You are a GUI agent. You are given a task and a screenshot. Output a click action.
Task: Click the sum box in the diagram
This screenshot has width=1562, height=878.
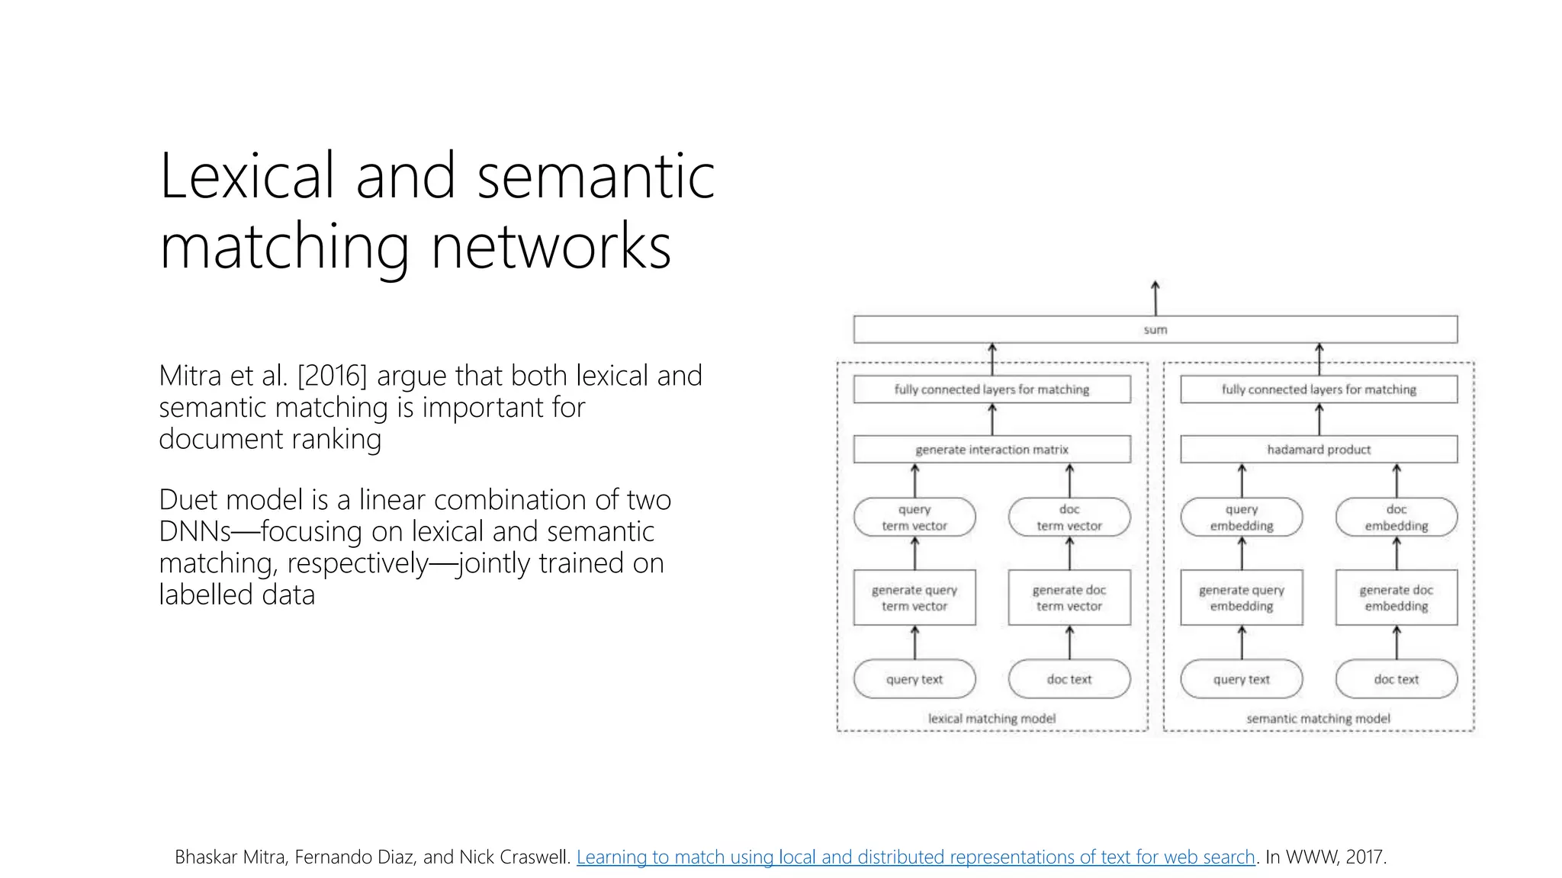pyautogui.click(x=1155, y=329)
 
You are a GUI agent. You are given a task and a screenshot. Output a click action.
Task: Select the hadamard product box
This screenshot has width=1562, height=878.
pyautogui.click(x=1318, y=450)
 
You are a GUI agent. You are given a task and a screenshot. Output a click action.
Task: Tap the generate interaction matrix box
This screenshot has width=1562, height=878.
pyautogui.click(x=992, y=450)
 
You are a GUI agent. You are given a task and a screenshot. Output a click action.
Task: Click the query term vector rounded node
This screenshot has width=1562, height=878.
pyautogui.click(x=914, y=518)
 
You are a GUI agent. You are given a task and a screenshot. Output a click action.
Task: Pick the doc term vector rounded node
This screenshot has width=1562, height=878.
pyautogui.click(x=1069, y=518)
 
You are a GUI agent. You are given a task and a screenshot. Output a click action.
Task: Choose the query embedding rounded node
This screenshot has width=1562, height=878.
pyautogui.click(x=1241, y=518)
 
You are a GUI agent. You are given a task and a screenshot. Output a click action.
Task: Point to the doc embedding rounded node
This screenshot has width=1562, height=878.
pyautogui.click(x=1396, y=518)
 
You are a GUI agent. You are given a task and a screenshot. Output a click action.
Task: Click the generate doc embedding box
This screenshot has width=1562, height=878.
pyautogui.click(x=1396, y=598)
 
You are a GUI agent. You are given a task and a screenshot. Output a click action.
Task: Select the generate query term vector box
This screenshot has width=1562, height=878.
pyautogui.click(x=914, y=598)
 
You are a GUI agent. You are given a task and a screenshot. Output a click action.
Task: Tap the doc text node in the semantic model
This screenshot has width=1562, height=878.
pyautogui.click(x=1396, y=679)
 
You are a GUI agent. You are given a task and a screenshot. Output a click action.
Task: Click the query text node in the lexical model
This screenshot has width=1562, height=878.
pyautogui.click(x=914, y=679)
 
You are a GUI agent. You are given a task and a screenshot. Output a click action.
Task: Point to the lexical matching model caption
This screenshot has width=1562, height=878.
pyautogui.click(x=992, y=719)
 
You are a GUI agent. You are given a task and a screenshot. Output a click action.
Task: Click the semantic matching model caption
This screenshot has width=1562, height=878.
pyautogui.click(x=1318, y=719)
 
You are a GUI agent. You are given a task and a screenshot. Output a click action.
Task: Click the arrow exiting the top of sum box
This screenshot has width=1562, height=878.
pyautogui.click(x=1155, y=297)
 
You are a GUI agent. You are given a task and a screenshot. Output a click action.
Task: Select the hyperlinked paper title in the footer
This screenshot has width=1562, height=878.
pyautogui.click(x=915, y=857)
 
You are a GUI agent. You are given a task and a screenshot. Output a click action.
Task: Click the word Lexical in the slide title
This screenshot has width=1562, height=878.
pyautogui.click(x=246, y=177)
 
